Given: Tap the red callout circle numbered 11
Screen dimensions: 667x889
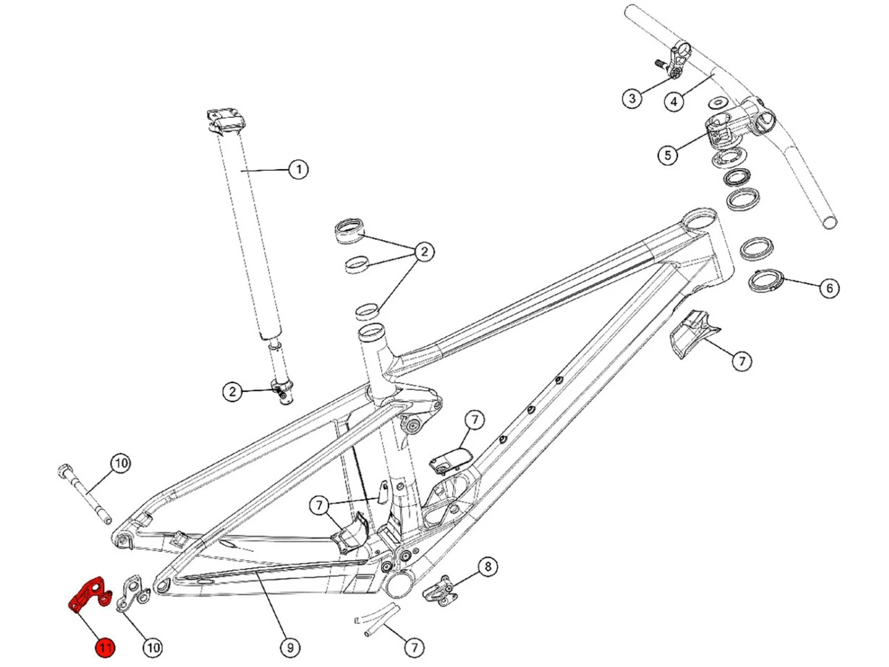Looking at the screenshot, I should pyautogui.click(x=105, y=647).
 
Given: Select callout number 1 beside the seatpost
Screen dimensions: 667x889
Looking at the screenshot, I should pyautogui.click(x=298, y=170).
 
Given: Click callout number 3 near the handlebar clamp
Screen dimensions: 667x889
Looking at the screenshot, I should pyautogui.click(x=632, y=98).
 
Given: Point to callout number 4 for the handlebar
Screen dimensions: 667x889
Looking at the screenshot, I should pyautogui.click(x=674, y=101).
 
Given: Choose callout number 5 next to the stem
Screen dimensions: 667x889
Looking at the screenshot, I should pyautogui.click(x=668, y=155).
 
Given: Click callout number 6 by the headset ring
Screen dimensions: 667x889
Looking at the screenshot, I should pyautogui.click(x=829, y=288).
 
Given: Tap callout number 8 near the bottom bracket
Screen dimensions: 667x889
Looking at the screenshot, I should pyautogui.click(x=488, y=567).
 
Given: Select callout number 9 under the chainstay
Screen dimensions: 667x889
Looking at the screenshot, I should pyautogui.click(x=290, y=647).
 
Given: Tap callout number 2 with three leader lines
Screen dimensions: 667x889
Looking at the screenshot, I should pyautogui.click(x=424, y=252).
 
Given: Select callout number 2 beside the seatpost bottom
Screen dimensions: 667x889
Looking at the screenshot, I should pyautogui.click(x=232, y=391).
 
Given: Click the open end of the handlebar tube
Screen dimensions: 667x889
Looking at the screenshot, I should pyautogui.click(x=830, y=223).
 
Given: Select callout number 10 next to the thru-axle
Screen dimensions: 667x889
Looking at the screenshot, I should pyautogui.click(x=121, y=463).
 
